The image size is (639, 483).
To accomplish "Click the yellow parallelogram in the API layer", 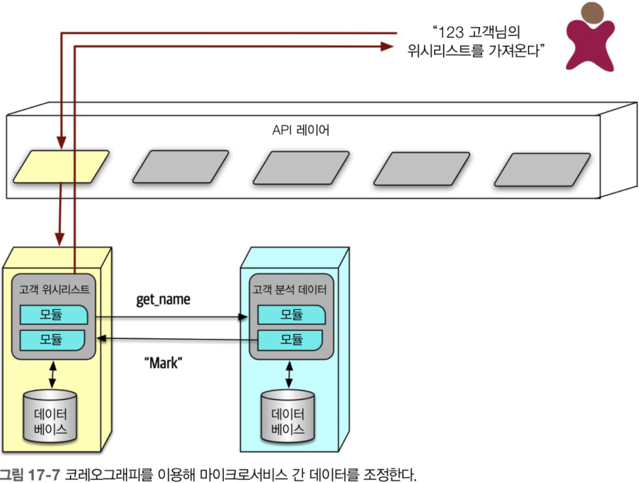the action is point(61,166).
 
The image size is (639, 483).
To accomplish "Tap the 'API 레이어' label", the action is point(301,130).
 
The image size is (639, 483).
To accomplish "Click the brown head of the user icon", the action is point(592,13).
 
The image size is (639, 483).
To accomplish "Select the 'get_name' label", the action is point(163,300).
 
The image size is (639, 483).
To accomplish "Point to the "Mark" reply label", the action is point(163,363).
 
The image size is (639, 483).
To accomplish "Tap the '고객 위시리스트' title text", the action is point(54,289).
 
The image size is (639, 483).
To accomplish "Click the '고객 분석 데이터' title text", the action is point(289,289).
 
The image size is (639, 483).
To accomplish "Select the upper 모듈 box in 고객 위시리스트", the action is point(54,315).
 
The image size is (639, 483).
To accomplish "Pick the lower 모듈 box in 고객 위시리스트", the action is point(52,340).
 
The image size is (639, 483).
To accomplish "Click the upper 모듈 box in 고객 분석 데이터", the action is point(291,315).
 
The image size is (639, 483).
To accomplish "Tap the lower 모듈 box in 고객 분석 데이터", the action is point(290,340).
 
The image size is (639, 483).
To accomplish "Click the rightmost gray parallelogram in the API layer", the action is point(542,170).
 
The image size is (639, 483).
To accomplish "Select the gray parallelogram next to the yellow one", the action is point(181,167).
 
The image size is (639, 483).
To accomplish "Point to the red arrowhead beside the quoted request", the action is point(387,46).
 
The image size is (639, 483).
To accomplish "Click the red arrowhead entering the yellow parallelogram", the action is point(61,142).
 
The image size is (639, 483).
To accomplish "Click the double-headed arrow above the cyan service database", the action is point(289,375).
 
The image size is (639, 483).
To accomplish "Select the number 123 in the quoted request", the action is point(451,32).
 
